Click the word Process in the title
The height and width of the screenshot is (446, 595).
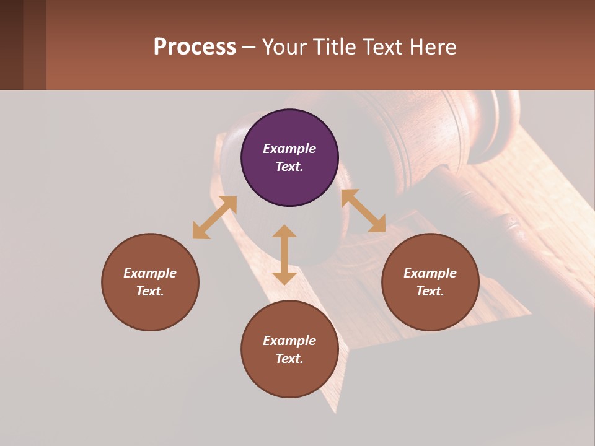coord(195,47)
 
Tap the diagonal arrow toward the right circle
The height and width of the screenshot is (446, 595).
coord(363,211)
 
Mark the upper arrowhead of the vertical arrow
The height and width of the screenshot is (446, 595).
coord(284,232)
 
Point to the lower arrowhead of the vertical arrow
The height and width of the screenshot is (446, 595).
coord(284,277)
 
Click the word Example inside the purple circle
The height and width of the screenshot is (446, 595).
coord(289,149)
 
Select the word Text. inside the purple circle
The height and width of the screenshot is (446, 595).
coord(289,167)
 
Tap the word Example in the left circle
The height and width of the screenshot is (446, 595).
coord(150,273)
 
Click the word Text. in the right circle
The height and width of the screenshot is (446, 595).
coord(430,291)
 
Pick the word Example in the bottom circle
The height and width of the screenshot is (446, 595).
coord(289,341)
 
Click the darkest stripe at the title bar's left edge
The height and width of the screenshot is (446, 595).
coord(11,45)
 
